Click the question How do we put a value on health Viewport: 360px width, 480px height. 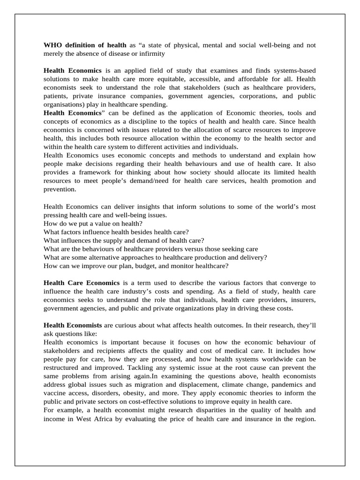pos(93,223)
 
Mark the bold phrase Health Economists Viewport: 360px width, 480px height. pos(73,325)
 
